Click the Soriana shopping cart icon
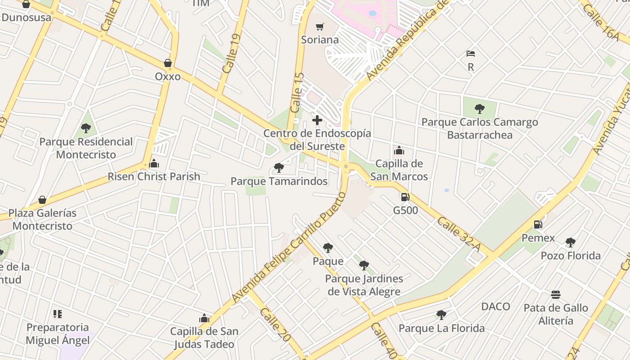[319, 27]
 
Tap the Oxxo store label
[168, 76]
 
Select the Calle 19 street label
[230, 54]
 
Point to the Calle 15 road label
[297, 93]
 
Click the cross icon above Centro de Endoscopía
[317, 120]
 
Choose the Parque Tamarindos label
[279, 181]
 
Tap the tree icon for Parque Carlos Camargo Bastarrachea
[480, 108]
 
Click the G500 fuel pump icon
[405, 197]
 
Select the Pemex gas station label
[538, 238]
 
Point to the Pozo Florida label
[571, 256]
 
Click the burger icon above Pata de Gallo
[556, 295]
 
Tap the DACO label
[496, 306]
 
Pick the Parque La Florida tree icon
[441, 315]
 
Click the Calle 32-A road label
[459, 234]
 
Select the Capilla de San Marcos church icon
[399, 150]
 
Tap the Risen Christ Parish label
[154, 176]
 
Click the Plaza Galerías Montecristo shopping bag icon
[42, 200]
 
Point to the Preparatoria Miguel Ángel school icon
[58, 314]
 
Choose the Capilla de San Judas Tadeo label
[204, 337]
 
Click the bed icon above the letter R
[471, 54]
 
